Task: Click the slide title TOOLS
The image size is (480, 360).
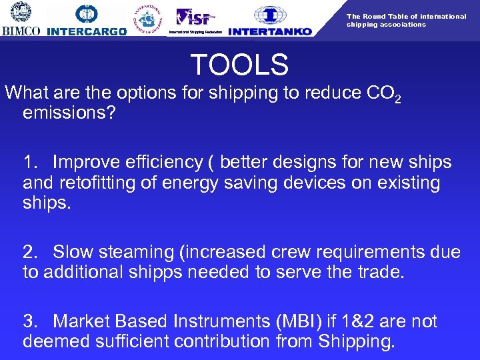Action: (x=239, y=65)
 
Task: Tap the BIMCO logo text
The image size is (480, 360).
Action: (x=21, y=31)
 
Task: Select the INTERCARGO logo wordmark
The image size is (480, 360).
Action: (x=87, y=31)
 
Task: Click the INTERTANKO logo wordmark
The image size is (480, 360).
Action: (x=270, y=31)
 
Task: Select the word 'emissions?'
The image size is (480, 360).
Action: (x=69, y=113)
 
